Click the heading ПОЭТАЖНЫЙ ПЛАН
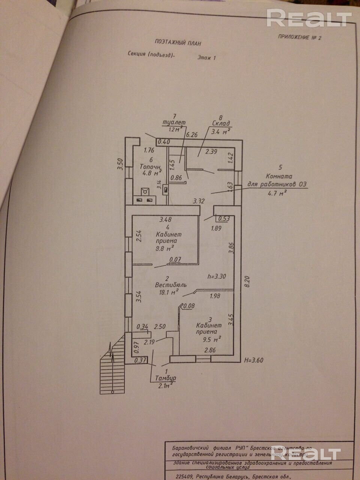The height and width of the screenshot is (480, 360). [x=178, y=43]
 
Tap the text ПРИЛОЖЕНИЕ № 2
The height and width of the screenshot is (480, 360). [x=300, y=37]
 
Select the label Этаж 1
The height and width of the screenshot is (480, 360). [x=207, y=58]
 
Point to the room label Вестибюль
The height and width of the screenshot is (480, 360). [x=171, y=285]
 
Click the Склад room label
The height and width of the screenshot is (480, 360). [x=220, y=123]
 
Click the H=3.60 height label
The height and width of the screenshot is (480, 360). [x=253, y=360]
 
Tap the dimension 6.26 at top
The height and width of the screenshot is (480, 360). [x=192, y=134]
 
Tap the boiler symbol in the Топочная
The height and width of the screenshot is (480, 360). [x=144, y=192]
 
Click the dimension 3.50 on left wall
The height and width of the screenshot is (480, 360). [x=120, y=164]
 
